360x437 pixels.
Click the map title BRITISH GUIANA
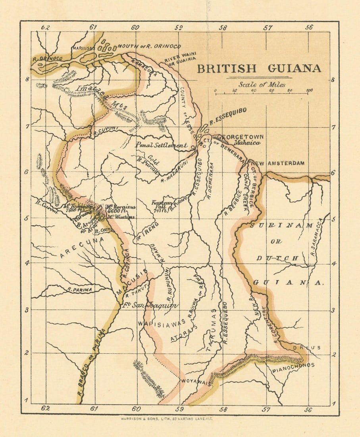coord(259,68)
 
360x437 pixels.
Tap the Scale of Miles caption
coord(262,84)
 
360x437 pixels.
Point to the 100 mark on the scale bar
coord(309,91)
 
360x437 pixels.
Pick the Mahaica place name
coord(247,143)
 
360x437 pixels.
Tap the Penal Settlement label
coord(161,145)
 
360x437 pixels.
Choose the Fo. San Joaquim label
coord(150,306)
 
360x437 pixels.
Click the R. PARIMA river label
coord(80,290)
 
